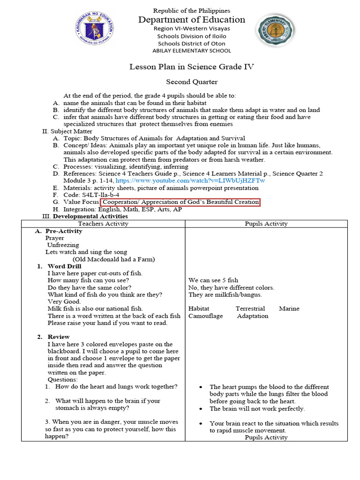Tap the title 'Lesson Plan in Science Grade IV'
[192, 67]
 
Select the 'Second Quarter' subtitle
[192, 82]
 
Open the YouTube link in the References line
[190, 180]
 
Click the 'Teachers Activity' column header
[103, 224]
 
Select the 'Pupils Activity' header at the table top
[266, 224]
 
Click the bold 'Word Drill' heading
[64, 266]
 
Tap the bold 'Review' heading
[59, 337]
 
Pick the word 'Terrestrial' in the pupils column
[250, 308]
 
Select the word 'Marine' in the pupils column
[289, 308]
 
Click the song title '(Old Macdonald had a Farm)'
[113, 259]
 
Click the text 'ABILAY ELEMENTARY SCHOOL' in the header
[191, 51]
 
